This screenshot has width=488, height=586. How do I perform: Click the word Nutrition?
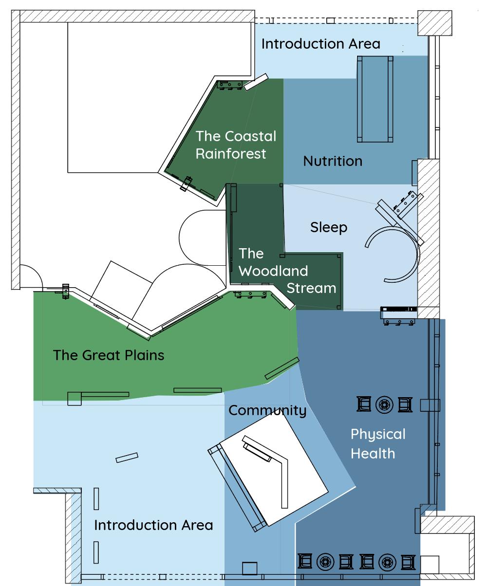click(x=333, y=161)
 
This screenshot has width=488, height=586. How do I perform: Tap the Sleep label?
click(x=329, y=227)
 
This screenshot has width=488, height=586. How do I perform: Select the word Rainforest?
click(x=231, y=153)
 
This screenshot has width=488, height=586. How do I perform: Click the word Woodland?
click(x=273, y=271)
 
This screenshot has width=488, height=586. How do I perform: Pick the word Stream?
click(x=311, y=288)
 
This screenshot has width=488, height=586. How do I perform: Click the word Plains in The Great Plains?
click(x=144, y=355)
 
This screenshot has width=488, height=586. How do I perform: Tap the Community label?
click(x=267, y=411)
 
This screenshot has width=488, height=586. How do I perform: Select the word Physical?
click(x=378, y=434)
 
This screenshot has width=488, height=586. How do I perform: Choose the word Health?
click(x=373, y=454)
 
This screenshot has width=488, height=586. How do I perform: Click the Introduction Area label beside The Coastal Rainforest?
click(x=321, y=44)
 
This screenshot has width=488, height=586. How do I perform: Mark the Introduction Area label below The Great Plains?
click(x=153, y=525)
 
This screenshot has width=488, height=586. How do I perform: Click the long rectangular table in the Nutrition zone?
click(x=375, y=99)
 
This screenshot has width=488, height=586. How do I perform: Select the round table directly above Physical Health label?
click(x=384, y=404)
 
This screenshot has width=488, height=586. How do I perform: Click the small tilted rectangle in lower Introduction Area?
click(x=127, y=458)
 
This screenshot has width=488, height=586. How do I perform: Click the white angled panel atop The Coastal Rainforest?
click(x=256, y=82)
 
